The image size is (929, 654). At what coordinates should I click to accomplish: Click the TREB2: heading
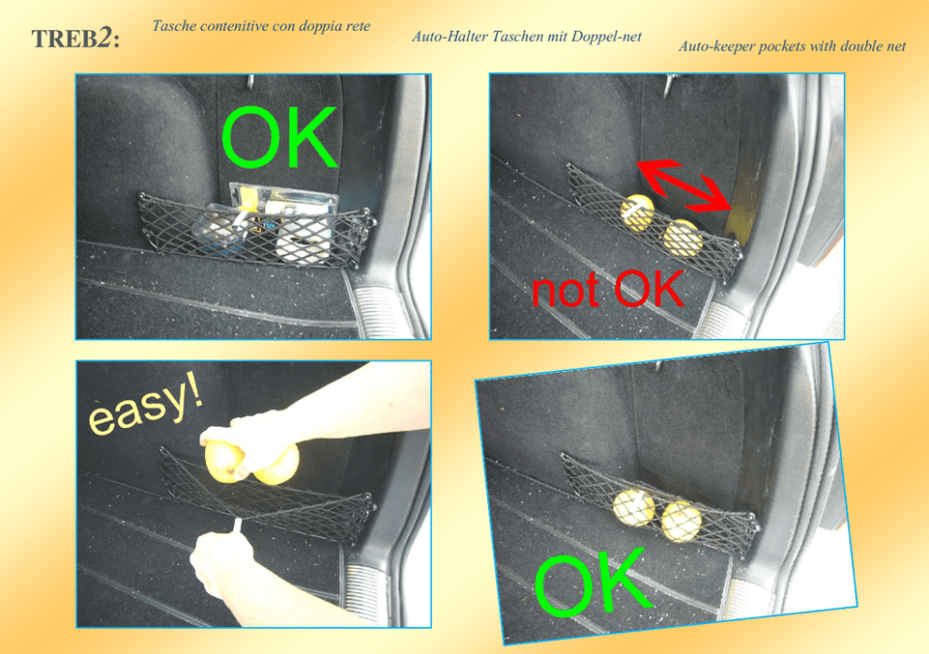click(75, 39)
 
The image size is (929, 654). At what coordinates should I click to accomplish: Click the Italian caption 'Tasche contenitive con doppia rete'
click(261, 26)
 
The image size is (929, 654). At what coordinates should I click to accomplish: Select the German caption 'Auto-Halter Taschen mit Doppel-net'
click(526, 37)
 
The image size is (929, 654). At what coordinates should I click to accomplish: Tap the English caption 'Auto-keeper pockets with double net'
click(792, 46)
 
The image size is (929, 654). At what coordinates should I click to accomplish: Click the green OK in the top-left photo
click(280, 137)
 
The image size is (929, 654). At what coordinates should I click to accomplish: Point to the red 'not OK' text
click(607, 289)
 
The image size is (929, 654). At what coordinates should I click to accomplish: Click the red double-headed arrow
click(685, 185)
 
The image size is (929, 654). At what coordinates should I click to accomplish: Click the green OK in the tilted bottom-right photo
click(593, 584)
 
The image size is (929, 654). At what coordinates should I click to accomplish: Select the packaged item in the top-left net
click(267, 222)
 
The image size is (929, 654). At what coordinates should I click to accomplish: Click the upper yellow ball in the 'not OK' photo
click(638, 211)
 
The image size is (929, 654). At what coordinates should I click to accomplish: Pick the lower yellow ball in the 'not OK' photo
click(683, 238)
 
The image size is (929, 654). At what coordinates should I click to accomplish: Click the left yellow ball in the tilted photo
click(633, 508)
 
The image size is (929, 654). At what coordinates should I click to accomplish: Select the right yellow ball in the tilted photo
click(682, 521)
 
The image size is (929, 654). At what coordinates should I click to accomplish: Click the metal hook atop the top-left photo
click(251, 82)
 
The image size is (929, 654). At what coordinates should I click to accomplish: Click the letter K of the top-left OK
click(312, 138)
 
